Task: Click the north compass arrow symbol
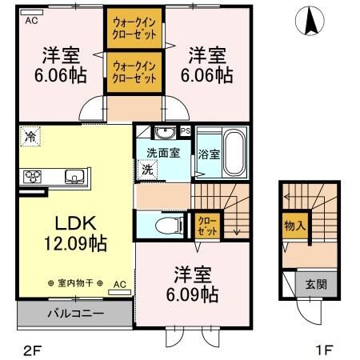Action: coord(306,22)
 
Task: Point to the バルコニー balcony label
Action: coord(74,314)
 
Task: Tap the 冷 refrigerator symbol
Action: coord(28,137)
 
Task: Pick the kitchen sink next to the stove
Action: coord(72,176)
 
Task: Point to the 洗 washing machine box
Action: coord(147,169)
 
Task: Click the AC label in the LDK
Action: coord(118,284)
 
